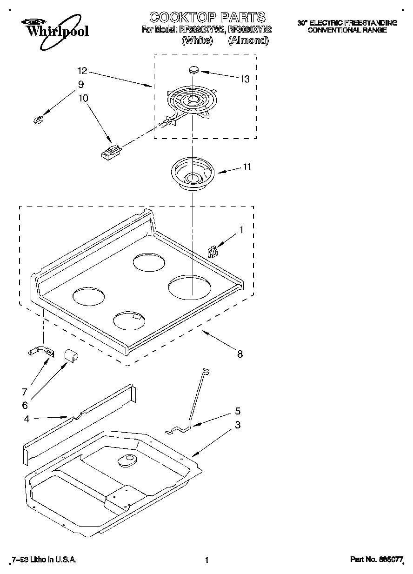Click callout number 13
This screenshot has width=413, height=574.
coord(245,79)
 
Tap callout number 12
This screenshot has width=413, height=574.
coord(82,71)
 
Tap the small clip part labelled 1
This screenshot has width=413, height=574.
coord(213,251)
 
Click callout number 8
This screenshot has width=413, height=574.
coord(240,354)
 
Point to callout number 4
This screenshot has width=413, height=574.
coord(27,419)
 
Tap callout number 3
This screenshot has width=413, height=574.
coord(238,425)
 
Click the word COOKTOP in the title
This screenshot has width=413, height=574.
coord(182,18)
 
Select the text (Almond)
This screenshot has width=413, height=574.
coord(248,40)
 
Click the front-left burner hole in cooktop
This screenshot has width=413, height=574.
coord(88,297)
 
